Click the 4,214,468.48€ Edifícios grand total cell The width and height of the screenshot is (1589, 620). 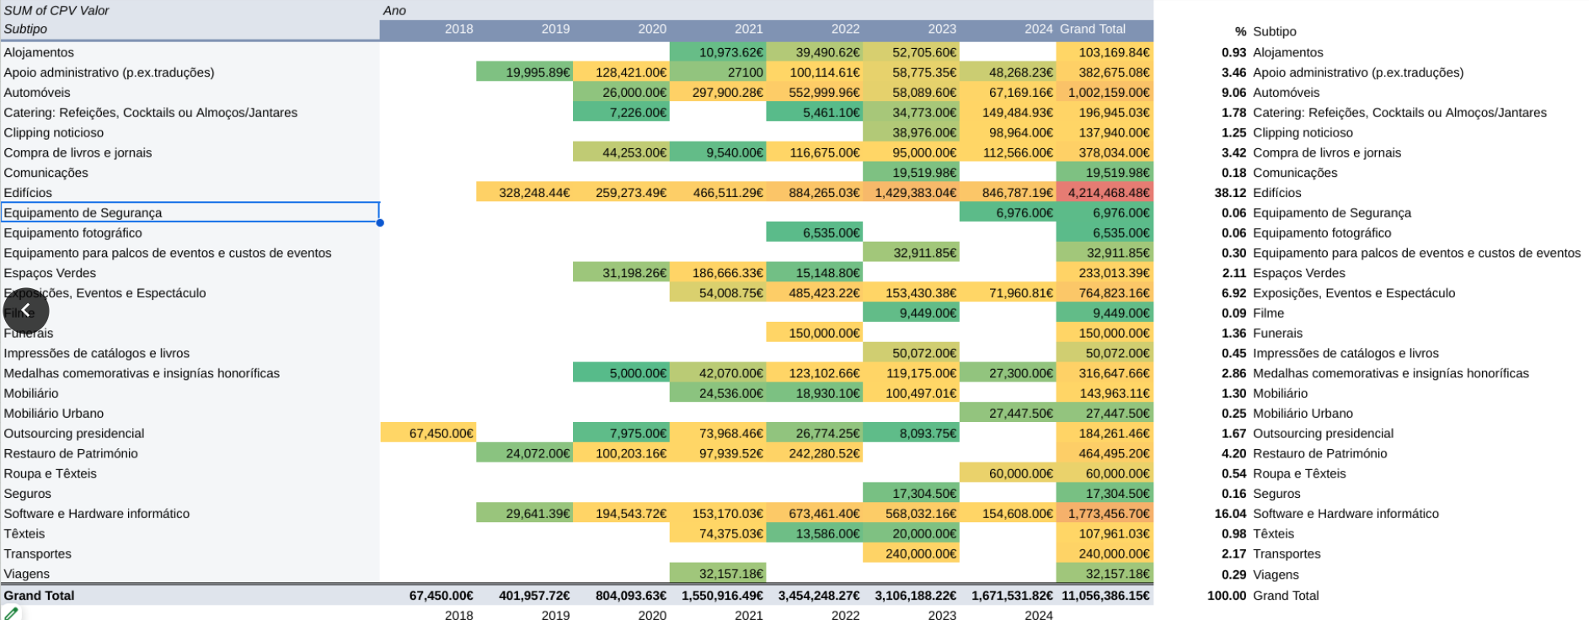1105,193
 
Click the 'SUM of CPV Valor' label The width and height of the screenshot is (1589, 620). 56,11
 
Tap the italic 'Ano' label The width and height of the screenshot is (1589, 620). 394,11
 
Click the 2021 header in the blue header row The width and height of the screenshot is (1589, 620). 748,29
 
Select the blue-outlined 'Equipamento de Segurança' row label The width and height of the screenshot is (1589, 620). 190,213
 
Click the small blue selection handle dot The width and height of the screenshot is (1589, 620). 380,223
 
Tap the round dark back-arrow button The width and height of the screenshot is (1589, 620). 26,311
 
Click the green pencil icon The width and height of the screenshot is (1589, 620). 11,614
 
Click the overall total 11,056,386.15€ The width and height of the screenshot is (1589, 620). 1105,596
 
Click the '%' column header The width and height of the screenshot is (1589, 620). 1240,31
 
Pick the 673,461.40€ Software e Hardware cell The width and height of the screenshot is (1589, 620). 815,514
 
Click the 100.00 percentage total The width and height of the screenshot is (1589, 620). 1227,596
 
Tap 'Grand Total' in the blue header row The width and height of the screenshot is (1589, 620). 1093,29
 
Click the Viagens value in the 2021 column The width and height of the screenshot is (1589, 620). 718,574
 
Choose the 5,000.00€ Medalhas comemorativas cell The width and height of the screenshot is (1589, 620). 622,373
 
